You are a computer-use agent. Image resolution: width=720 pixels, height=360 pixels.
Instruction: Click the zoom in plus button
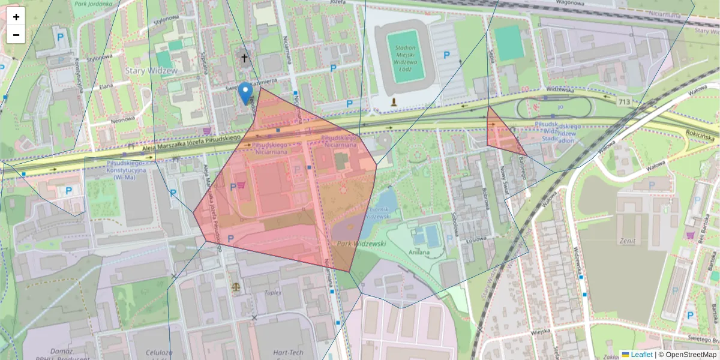[16, 17]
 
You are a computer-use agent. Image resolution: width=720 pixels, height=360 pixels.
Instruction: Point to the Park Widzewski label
[361, 244]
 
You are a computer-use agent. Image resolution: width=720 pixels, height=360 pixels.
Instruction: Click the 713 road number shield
[624, 102]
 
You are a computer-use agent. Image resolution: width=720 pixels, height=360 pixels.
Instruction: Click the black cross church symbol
[244, 58]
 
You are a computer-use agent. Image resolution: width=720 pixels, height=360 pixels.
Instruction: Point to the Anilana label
[419, 252]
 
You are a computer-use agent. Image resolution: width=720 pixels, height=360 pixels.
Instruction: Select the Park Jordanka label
[95, 4]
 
